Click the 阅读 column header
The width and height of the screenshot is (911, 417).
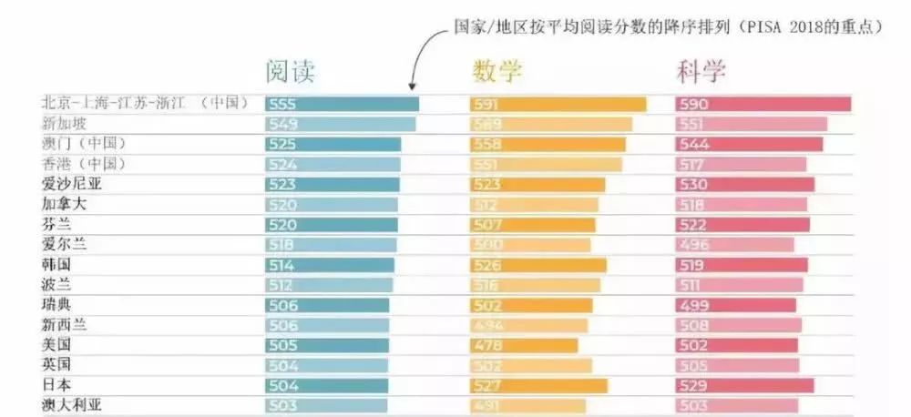pyautogui.click(x=290, y=72)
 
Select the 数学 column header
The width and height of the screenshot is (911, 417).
pyautogui.click(x=496, y=72)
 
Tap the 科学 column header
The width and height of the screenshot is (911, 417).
pyautogui.click(x=701, y=72)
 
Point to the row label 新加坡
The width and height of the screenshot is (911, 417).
pyautogui.click(x=64, y=124)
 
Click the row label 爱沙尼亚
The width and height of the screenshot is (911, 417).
pyautogui.click(x=69, y=184)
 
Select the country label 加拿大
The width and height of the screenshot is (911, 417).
pyautogui.click(x=64, y=204)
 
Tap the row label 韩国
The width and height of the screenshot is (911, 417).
pyautogui.click(x=56, y=264)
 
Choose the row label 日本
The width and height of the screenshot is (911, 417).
pyautogui.click(x=56, y=385)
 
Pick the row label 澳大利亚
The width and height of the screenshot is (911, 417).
pyautogui.click(x=69, y=405)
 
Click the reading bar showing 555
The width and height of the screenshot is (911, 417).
pyautogui.click(x=342, y=104)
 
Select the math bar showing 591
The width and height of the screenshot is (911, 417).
pyautogui.click(x=558, y=104)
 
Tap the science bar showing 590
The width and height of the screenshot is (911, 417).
pyautogui.click(x=763, y=104)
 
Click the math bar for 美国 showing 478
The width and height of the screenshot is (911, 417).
pyautogui.click(x=524, y=345)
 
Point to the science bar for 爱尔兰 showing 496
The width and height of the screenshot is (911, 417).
pyautogui.click(x=734, y=244)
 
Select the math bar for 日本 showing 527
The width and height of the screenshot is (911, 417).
pyautogui.click(x=538, y=385)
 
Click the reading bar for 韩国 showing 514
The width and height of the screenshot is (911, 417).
pyautogui.click(x=330, y=264)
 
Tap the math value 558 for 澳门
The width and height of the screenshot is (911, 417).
pyautogui.click(x=487, y=144)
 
